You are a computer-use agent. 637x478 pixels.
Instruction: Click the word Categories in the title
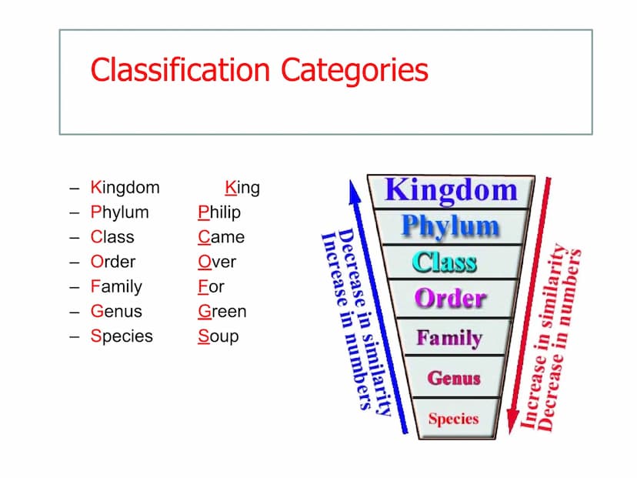click(x=354, y=71)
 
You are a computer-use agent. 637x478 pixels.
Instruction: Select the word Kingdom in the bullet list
click(x=125, y=188)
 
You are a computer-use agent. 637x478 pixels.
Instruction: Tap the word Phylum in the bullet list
click(x=120, y=212)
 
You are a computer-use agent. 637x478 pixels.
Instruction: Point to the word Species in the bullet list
click(x=122, y=336)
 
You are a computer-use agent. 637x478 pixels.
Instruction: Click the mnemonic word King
click(x=242, y=188)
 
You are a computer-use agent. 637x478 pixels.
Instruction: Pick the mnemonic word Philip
click(x=219, y=212)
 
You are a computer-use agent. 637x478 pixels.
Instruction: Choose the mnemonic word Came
click(x=222, y=237)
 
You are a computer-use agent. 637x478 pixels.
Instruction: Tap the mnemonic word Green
click(x=222, y=311)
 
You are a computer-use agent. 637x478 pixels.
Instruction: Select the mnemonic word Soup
click(x=218, y=336)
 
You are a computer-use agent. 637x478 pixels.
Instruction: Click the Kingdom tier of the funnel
click(x=451, y=192)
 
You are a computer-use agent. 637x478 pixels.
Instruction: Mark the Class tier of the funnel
click(x=451, y=262)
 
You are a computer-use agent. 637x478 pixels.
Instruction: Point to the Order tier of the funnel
click(x=451, y=298)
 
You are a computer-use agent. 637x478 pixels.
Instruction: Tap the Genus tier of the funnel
click(x=454, y=377)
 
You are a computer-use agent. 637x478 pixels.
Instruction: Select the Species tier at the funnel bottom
click(x=454, y=418)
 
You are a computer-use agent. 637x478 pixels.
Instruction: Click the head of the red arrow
click(x=512, y=422)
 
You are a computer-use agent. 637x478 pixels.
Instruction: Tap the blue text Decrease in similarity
click(x=365, y=321)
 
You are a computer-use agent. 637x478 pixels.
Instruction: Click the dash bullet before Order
click(x=74, y=262)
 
